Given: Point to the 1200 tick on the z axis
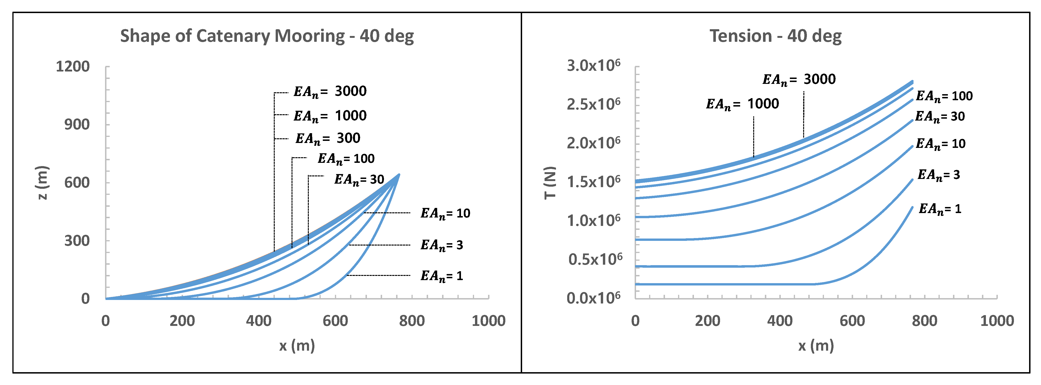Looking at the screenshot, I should (73, 66).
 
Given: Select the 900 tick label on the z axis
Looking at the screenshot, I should (77, 125).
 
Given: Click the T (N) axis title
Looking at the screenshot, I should (550, 182).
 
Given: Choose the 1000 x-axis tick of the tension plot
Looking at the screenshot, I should (997, 321).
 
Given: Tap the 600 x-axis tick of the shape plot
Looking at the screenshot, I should (335, 321).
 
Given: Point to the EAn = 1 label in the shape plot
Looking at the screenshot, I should (441, 276).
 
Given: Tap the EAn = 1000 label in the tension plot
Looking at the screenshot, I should (742, 104).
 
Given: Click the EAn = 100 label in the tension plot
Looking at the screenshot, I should (944, 96).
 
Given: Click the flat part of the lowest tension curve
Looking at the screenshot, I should (723, 284).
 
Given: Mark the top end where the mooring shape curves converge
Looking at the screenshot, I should (399, 175).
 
